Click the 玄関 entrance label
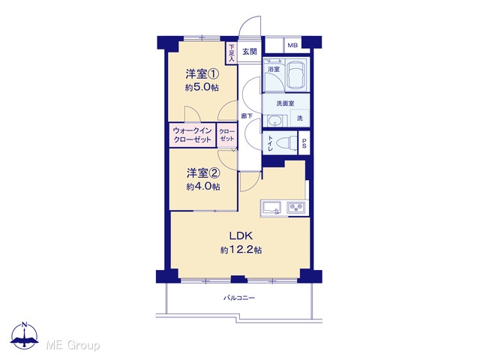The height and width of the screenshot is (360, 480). click(x=250, y=52)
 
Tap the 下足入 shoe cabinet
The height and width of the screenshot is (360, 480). click(x=232, y=53)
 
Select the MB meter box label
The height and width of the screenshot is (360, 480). click(x=292, y=46)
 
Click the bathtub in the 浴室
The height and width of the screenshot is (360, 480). click(x=296, y=74)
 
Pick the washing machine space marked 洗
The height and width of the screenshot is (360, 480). click(x=300, y=118)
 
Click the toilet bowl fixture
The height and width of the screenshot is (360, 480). click(x=286, y=143)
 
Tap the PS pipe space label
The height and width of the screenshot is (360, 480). click(x=304, y=143)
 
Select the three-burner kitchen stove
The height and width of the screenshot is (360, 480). click(x=295, y=208)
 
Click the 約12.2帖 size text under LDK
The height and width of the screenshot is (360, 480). click(x=241, y=250)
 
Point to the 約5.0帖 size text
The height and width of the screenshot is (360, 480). click(x=202, y=88)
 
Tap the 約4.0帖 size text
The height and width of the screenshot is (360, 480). click(x=203, y=187)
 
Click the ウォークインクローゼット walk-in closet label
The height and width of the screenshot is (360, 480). click(x=192, y=135)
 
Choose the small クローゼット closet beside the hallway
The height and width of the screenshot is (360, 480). click(x=226, y=135)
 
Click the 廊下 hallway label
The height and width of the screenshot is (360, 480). click(x=247, y=116)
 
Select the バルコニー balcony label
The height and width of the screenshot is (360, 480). click(x=239, y=298)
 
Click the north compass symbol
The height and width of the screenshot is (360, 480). click(x=25, y=336)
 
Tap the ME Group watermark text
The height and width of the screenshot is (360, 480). click(x=73, y=345)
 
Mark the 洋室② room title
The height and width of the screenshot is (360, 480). click(x=203, y=173)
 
